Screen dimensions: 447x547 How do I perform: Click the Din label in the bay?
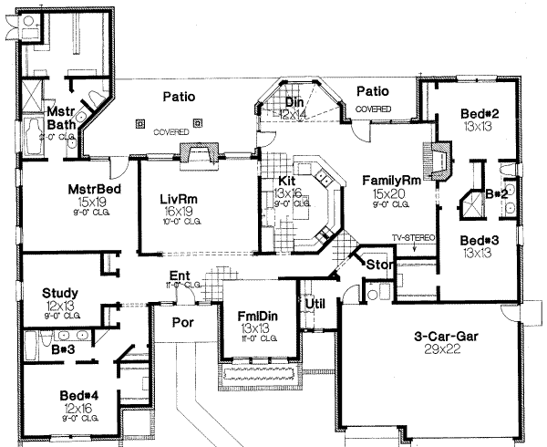coord(294,104)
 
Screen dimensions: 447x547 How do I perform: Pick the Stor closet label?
coord(377,265)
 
